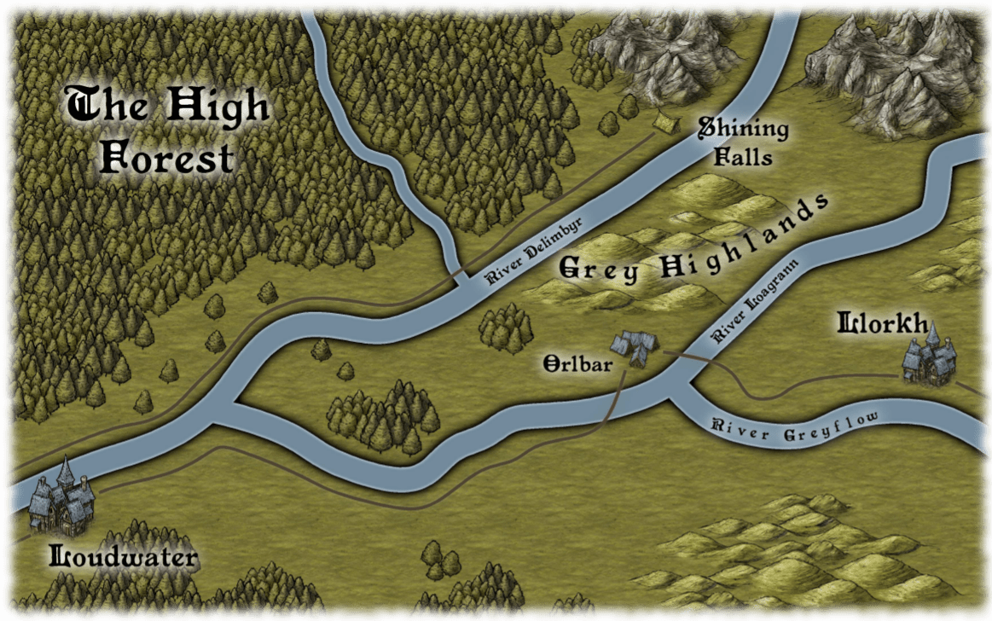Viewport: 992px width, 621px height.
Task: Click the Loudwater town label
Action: point(125,559)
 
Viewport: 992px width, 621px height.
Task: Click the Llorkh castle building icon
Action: point(928,357)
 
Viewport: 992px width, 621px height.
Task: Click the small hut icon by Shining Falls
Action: point(664,125)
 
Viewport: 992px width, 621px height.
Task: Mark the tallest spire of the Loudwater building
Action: point(65,468)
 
